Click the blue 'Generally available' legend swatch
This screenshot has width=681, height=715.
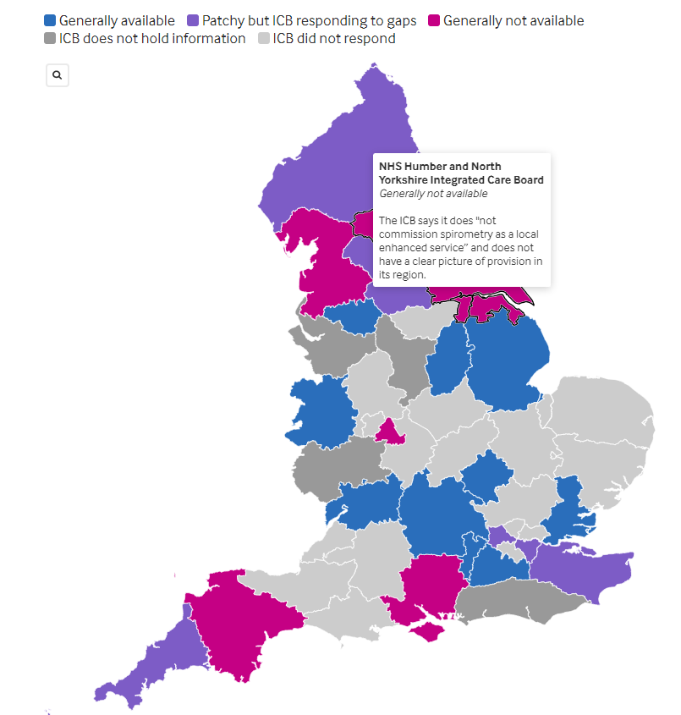point(50,20)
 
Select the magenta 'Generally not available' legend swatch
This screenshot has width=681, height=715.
point(434,20)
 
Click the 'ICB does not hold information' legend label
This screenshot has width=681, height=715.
point(152,38)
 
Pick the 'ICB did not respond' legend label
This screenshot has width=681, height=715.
point(334,38)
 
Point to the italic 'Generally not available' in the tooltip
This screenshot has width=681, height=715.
point(433,194)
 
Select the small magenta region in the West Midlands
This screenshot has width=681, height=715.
point(390,432)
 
